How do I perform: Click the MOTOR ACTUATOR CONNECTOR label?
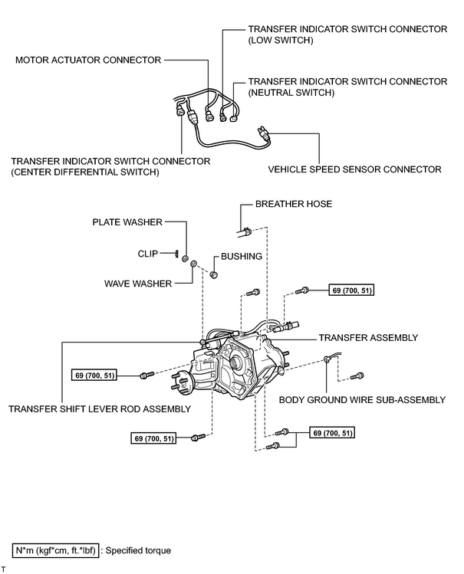(x=88, y=60)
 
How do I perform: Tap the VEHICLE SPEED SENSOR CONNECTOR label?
(x=354, y=169)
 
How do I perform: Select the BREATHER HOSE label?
(x=294, y=204)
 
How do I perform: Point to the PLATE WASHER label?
(x=127, y=222)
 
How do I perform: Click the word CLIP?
(x=148, y=254)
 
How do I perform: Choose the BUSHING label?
(x=242, y=256)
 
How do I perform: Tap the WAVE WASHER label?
(x=138, y=284)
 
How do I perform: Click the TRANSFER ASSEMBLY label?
(x=368, y=337)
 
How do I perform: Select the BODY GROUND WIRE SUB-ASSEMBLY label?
(x=362, y=400)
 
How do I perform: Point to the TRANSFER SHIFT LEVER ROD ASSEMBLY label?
(x=100, y=409)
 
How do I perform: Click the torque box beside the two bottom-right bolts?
(x=332, y=433)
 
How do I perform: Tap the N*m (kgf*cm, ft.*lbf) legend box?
(x=56, y=550)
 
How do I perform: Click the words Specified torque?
(x=138, y=550)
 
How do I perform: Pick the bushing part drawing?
(x=214, y=274)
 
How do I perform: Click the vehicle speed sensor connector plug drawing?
(x=264, y=133)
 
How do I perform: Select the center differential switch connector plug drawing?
(x=179, y=110)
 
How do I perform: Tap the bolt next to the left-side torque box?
(x=146, y=376)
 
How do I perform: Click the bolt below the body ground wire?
(x=357, y=376)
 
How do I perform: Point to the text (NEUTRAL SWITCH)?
(x=291, y=93)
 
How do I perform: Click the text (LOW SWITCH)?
(x=281, y=41)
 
